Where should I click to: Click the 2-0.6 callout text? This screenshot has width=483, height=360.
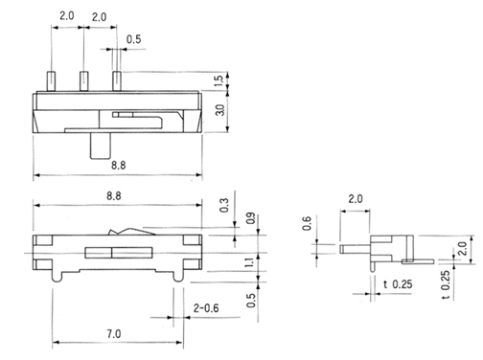tap(208, 308)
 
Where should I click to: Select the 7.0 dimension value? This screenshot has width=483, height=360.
tap(113, 333)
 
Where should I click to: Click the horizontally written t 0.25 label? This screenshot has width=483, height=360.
tap(397, 283)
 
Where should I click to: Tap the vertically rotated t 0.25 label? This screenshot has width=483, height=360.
tap(445, 280)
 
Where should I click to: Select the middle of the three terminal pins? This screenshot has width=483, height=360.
tap(83, 80)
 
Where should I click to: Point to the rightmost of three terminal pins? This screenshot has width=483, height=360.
tap(116, 80)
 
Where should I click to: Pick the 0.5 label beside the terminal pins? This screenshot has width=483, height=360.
tap(135, 39)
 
